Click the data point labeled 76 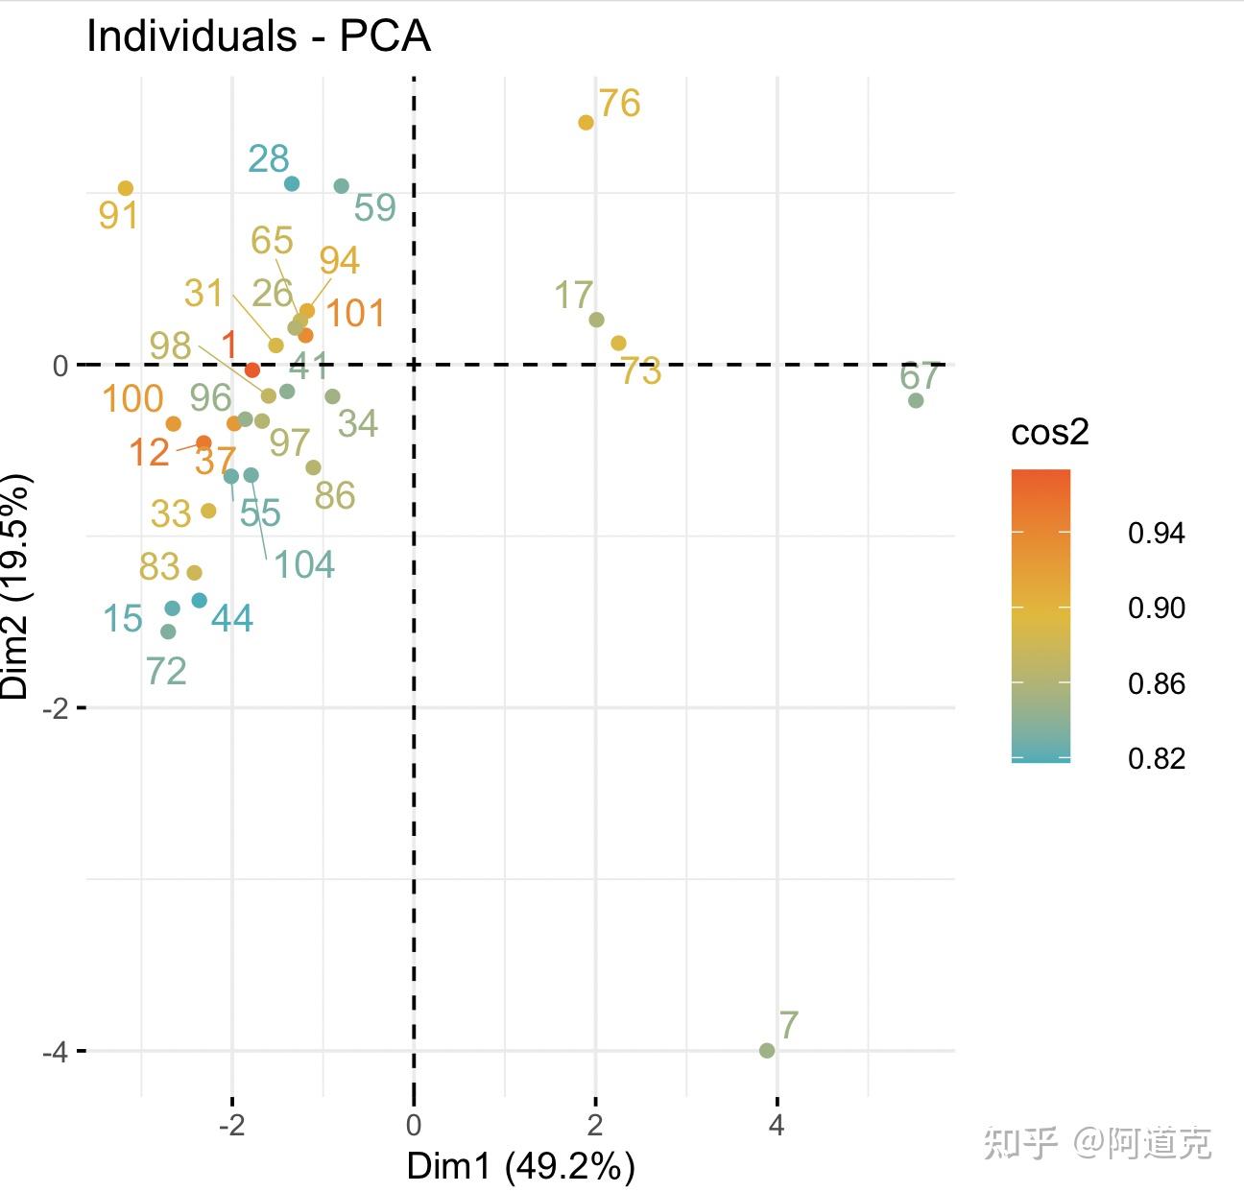[586, 122]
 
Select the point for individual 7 [767, 1050]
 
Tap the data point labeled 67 [916, 400]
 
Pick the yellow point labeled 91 [126, 188]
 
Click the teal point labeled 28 [292, 183]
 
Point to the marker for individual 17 [596, 320]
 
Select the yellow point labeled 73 [618, 343]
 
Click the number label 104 [304, 564]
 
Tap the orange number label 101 [354, 314]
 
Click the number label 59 [374, 207]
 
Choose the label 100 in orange [132, 398]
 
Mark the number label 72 [166, 671]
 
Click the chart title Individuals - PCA [258, 36]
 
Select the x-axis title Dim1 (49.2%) [520, 1166]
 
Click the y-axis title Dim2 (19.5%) [16, 585]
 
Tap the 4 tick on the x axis [777, 1125]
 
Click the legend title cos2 [1050, 433]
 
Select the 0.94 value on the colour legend [1156, 533]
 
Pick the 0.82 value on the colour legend [1156, 758]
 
